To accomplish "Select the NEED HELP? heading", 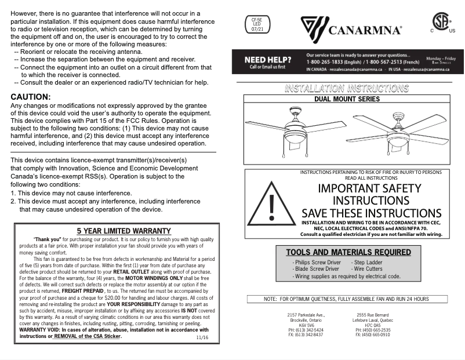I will pyautogui.click(x=267, y=60).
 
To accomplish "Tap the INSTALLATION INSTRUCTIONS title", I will pyautogui.click(x=346, y=89).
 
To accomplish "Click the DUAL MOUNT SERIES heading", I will pyautogui.click(x=347, y=99).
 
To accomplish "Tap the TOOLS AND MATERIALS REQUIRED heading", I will pyautogui.click(x=348, y=252).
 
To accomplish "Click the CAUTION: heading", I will pyautogui.click(x=31, y=97).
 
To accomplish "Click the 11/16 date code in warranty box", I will pyautogui.click(x=202, y=337).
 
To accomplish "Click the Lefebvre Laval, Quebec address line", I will pyautogui.click(x=373, y=320).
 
